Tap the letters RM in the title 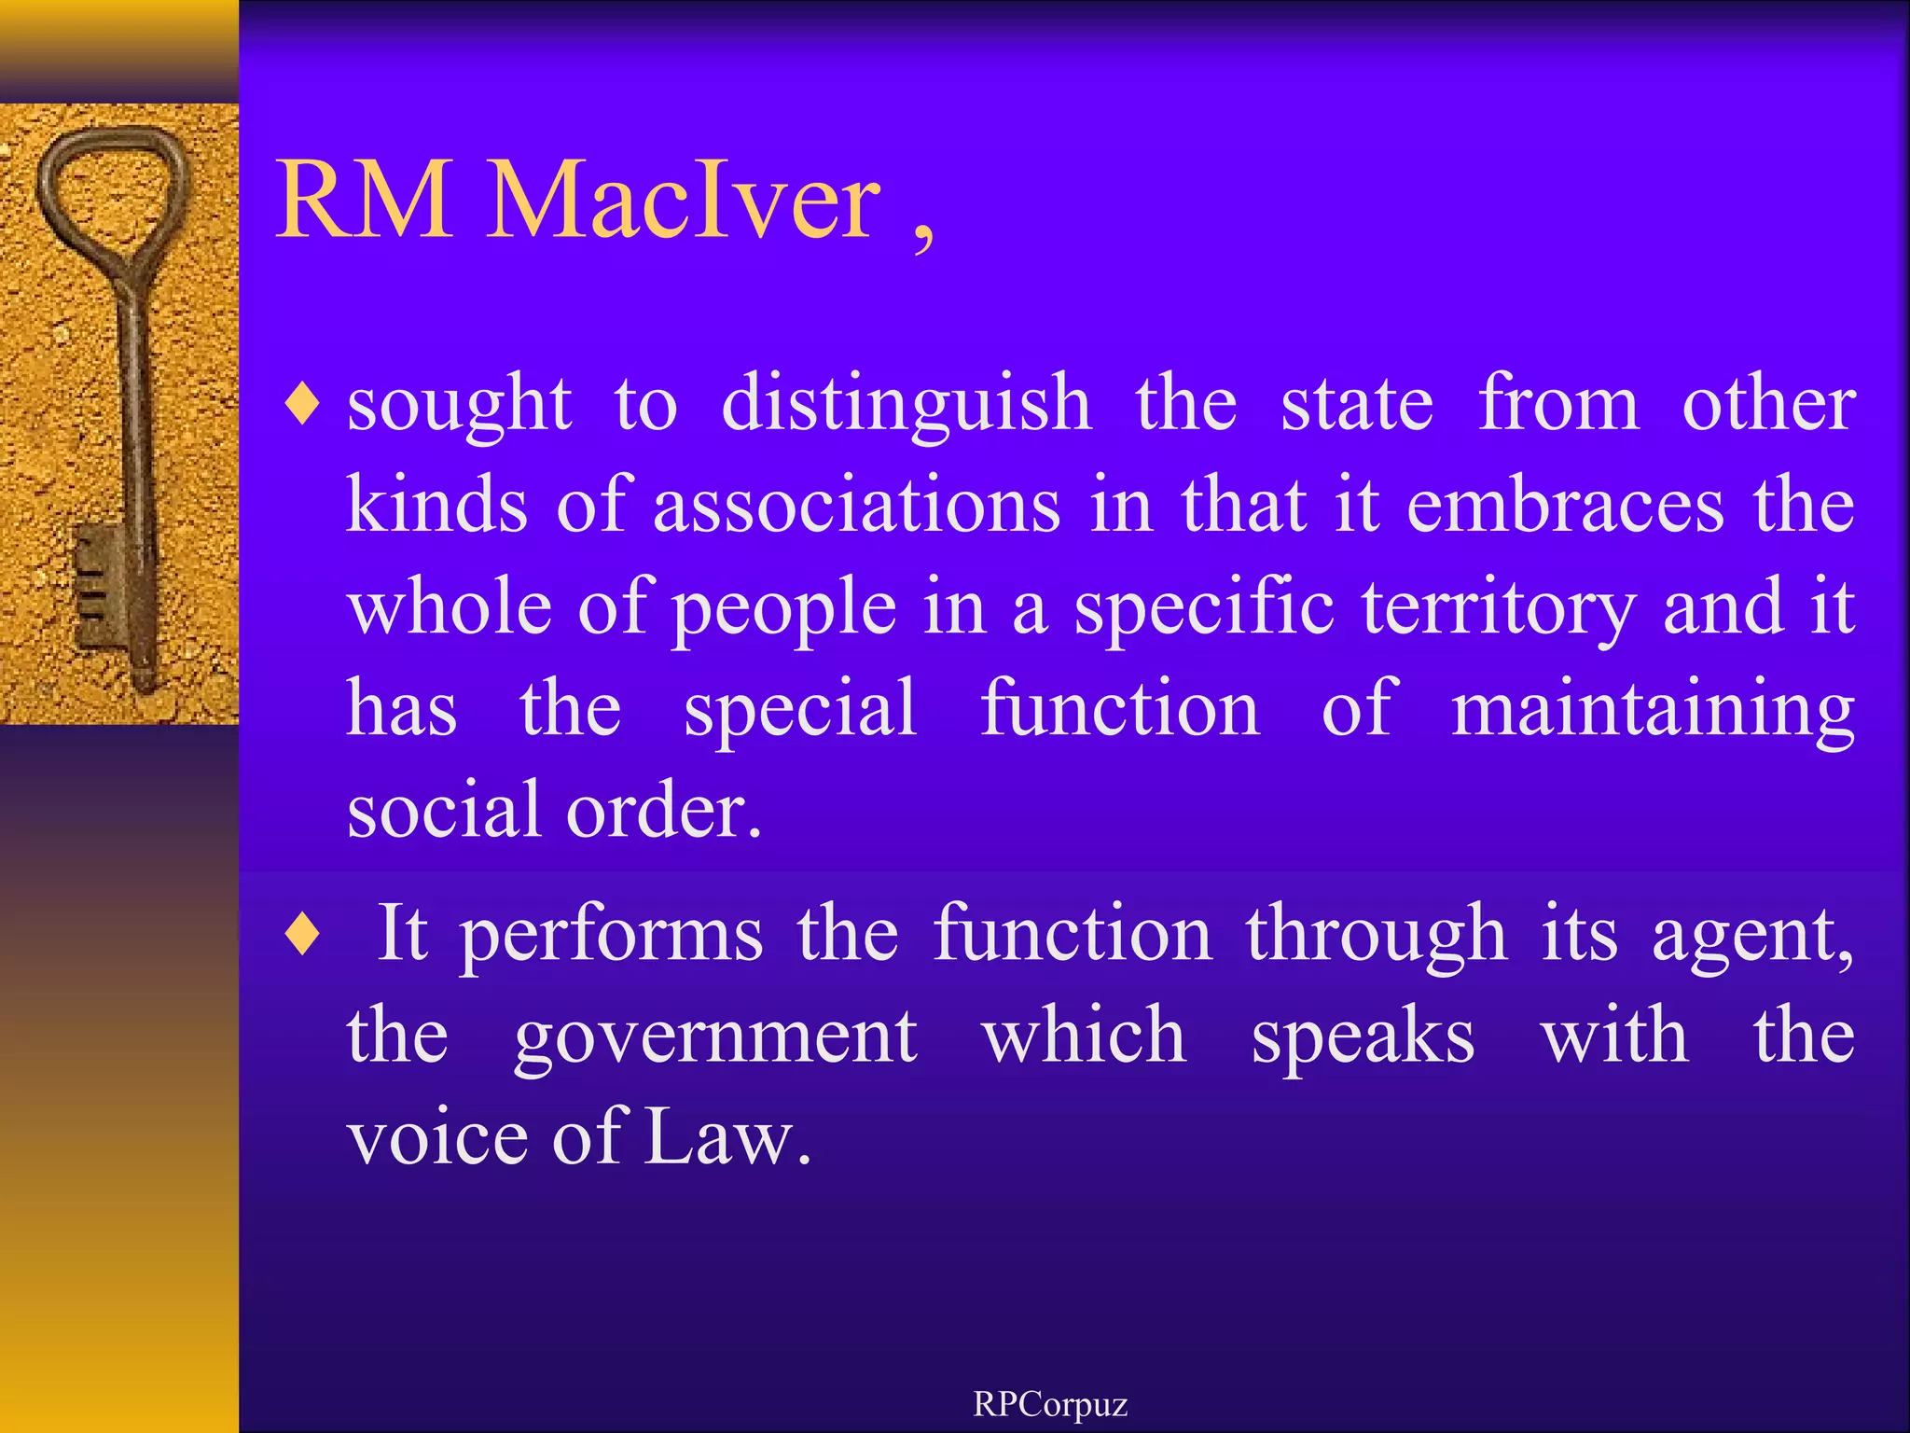click(366, 201)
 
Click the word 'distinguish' click(907, 406)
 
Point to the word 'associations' click(856, 507)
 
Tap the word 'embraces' click(1564, 507)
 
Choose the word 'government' click(715, 1037)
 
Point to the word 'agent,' click(1753, 936)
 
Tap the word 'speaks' click(1363, 1037)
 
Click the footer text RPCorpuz click(1050, 1404)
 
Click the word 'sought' click(459, 406)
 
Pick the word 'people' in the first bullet click(783, 608)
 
